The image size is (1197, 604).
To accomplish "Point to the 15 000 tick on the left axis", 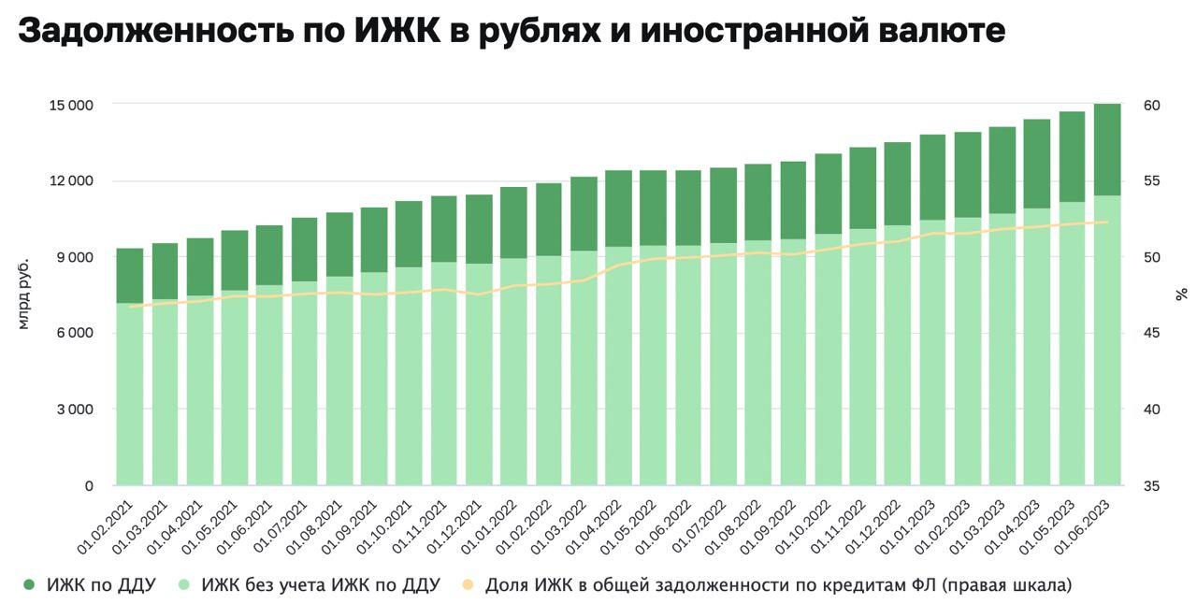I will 70,105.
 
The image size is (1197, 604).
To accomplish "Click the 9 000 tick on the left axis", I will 73,257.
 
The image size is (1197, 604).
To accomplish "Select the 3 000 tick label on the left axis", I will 73,410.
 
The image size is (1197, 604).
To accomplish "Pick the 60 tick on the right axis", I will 1151,105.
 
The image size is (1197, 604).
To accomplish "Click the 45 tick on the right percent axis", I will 1151,334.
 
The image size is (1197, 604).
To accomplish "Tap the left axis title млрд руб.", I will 25,294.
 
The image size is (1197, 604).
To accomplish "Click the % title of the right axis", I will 1182,294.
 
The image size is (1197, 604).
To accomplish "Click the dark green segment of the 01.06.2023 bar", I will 1107,150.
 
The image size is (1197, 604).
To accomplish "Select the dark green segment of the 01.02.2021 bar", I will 130,276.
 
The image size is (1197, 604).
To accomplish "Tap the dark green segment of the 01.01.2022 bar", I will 513,223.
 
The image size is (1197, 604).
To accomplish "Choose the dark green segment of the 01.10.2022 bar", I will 828,194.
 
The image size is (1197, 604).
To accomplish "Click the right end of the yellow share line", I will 1107,222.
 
